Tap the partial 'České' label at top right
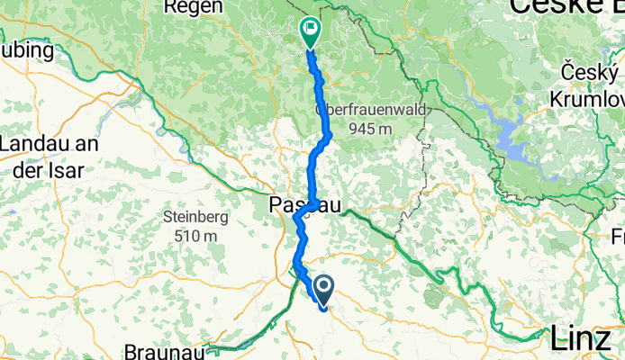point(567,7)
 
